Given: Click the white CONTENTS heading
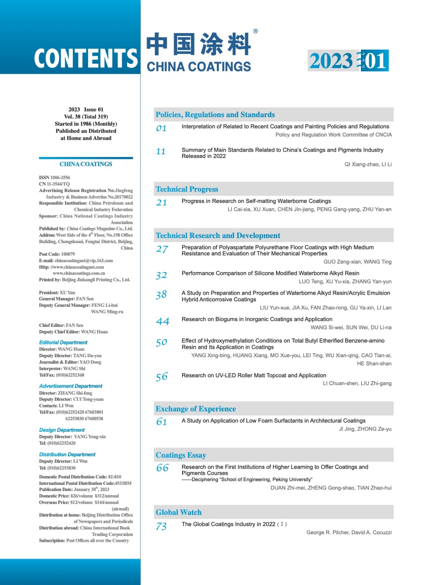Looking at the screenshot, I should [86, 58].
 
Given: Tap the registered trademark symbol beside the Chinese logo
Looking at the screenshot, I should [256, 31].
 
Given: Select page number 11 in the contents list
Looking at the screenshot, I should [161, 151].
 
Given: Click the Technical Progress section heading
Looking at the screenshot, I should [187, 189].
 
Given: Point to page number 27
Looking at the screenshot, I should [162, 249].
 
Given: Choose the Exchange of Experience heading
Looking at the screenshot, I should [196, 409].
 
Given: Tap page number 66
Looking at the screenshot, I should [162, 468].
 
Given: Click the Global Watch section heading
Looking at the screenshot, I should [178, 512].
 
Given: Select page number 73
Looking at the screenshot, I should [161, 526].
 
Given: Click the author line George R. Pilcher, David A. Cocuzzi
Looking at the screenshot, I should [349, 532].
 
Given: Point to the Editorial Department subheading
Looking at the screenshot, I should [63, 343].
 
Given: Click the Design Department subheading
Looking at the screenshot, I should [62, 430].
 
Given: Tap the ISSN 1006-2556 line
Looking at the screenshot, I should [54, 178].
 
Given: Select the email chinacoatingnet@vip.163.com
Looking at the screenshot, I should [84, 261].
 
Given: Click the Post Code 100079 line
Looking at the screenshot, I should [57, 254].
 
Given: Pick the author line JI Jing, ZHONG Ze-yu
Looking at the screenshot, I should [365, 429].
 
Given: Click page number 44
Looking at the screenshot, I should [162, 321].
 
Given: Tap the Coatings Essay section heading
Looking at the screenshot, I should [181, 455].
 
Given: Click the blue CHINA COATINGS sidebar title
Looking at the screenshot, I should [86, 164].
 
